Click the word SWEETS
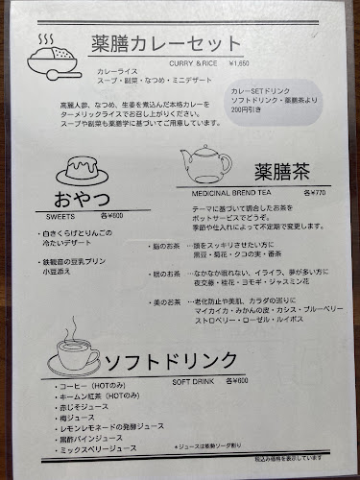[x=70, y=218]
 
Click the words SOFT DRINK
[x=198, y=379]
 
